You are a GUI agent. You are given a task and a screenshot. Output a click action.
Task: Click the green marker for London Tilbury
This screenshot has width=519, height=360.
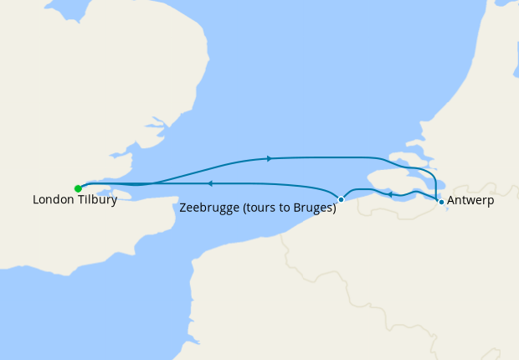coord(78,188)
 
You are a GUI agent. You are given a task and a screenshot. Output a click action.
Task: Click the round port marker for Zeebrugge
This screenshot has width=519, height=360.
coord(341,199)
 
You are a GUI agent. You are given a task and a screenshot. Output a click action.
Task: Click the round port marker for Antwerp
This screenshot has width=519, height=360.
coord(441,201)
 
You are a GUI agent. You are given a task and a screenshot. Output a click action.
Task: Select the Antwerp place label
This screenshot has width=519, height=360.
coord(470,201)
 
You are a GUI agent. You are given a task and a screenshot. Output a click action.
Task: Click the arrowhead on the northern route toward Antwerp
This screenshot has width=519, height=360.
coord(269,157)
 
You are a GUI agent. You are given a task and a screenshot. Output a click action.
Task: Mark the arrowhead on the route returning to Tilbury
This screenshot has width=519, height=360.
coord(210,183)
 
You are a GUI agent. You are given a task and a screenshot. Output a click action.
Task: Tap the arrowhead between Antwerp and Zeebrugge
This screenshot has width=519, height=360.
coord(390,194)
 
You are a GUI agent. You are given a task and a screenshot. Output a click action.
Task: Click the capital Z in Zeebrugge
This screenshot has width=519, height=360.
coord(184,208)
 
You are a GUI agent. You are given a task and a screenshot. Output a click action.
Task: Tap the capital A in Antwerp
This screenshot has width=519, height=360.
coord(452,201)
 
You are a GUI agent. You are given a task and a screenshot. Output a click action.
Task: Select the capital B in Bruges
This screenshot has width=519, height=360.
coord(299,208)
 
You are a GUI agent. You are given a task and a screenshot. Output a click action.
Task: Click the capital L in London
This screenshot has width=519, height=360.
coord(36,201)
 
